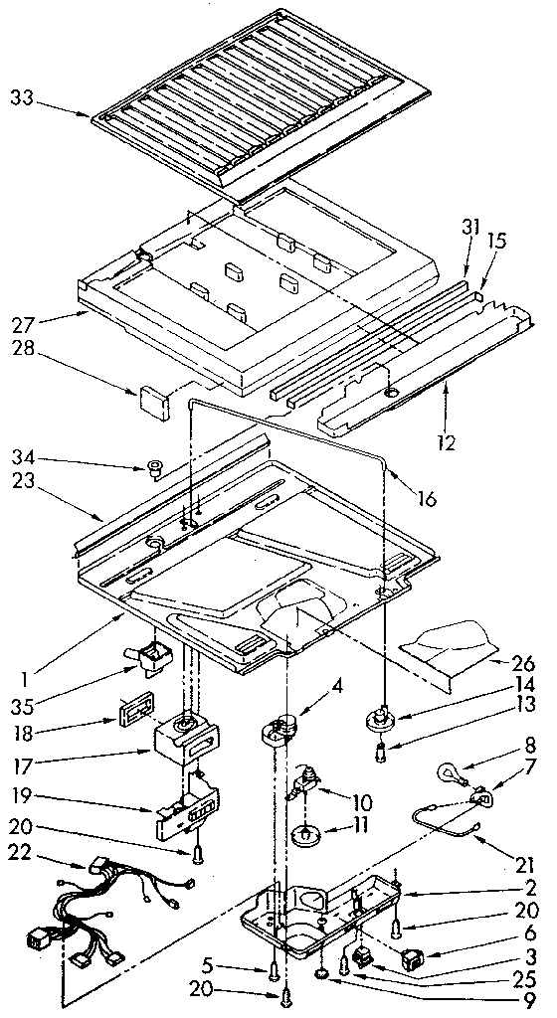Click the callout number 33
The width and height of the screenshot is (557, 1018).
click(x=21, y=97)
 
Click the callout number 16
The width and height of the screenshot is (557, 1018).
click(x=426, y=499)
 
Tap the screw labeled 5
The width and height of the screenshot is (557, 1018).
click(x=272, y=967)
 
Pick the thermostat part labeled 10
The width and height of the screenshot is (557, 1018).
click(x=304, y=785)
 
